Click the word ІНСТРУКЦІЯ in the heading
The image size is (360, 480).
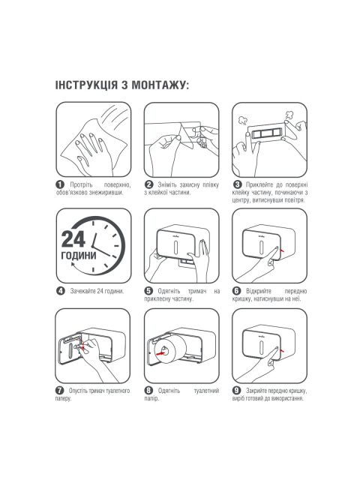click(86, 85)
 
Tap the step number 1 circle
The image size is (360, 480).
click(60, 184)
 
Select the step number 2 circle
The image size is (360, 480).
click(148, 184)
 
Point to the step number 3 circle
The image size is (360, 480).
click(237, 184)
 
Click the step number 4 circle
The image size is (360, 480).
click(61, 291)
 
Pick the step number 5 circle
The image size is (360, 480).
click(148, 291)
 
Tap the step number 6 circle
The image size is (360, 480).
click(237, 291)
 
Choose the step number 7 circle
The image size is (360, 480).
click(59, 391)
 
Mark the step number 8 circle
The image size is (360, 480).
click(148, 391)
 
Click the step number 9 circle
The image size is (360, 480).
click(237, 391)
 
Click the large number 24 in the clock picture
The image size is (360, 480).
click(73, 239)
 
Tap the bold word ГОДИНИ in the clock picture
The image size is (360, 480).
click(79, 256)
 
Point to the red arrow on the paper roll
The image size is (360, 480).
click(160, 353)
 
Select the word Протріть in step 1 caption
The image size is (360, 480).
click(81, 185)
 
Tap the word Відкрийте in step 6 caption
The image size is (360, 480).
click(259, 291)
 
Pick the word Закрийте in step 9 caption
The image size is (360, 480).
click(256, 391)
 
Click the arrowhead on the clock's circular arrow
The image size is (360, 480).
click(73, 264)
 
